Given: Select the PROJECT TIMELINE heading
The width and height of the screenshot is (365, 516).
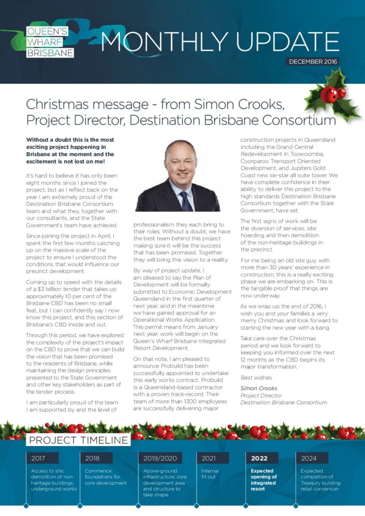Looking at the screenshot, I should [x=78, y=440].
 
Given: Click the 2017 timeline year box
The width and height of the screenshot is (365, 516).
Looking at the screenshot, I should [x=38, y=458].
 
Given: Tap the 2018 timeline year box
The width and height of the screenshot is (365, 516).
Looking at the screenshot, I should [x=93, y=458].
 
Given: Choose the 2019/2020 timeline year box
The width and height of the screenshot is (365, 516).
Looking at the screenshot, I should [x=161, y=458].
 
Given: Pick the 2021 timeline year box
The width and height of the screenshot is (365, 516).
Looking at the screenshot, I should [x=209, y=458].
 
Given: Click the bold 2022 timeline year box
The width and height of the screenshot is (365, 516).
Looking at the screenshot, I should [x=260, y=458].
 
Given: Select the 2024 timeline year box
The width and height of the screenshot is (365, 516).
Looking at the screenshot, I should [x=309, y=458].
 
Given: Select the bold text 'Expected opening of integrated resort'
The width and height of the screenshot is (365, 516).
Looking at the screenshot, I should [x=264, y=480].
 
